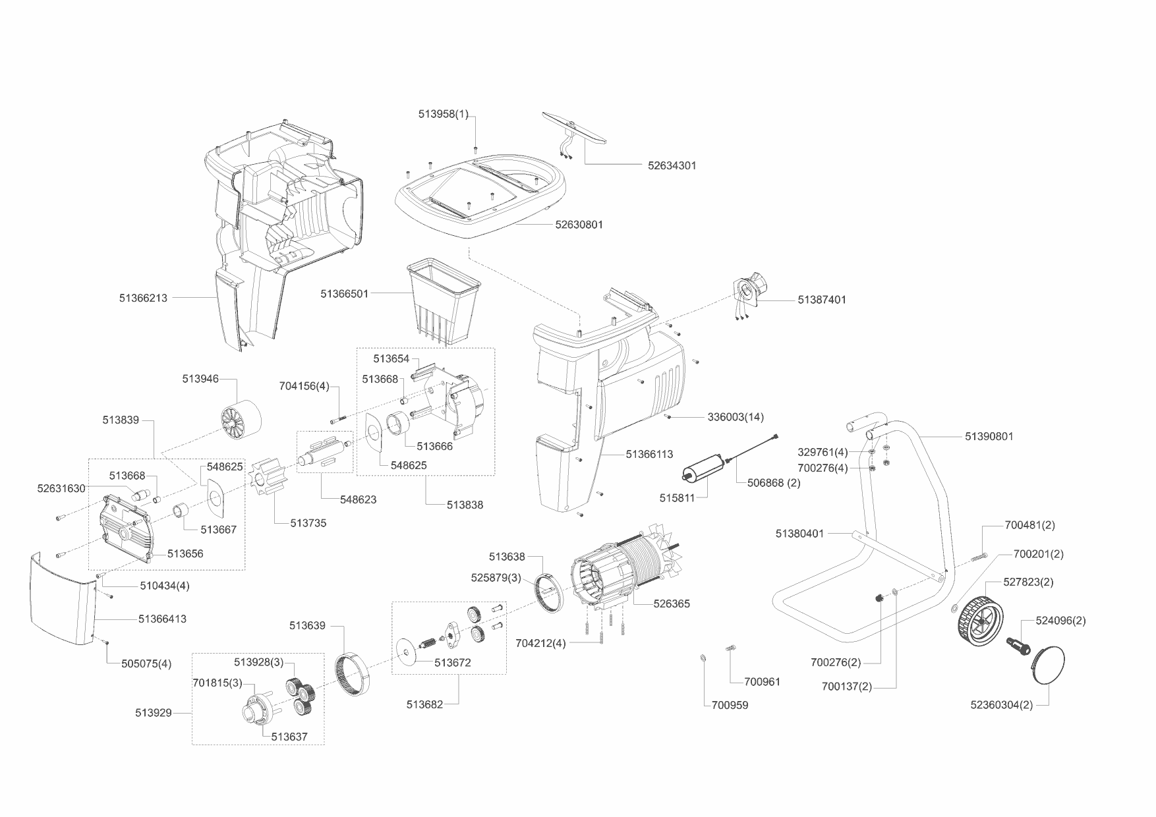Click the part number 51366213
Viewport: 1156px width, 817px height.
[x=143, y=298]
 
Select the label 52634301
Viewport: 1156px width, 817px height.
[x=672, y=165]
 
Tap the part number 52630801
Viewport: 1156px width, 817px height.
[x=579, y=225]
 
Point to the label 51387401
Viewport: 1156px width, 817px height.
[x=822, y=300]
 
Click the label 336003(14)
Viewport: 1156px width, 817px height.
[x=736, y=417]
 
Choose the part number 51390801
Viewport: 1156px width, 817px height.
[x=989, y=436]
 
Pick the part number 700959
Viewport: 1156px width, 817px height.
[x=730, y=705]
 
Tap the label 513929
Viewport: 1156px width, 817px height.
[x=154, y=712]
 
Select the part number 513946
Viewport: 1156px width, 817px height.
[x=200, y=379]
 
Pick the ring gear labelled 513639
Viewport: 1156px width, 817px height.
[x=356, y=672]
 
